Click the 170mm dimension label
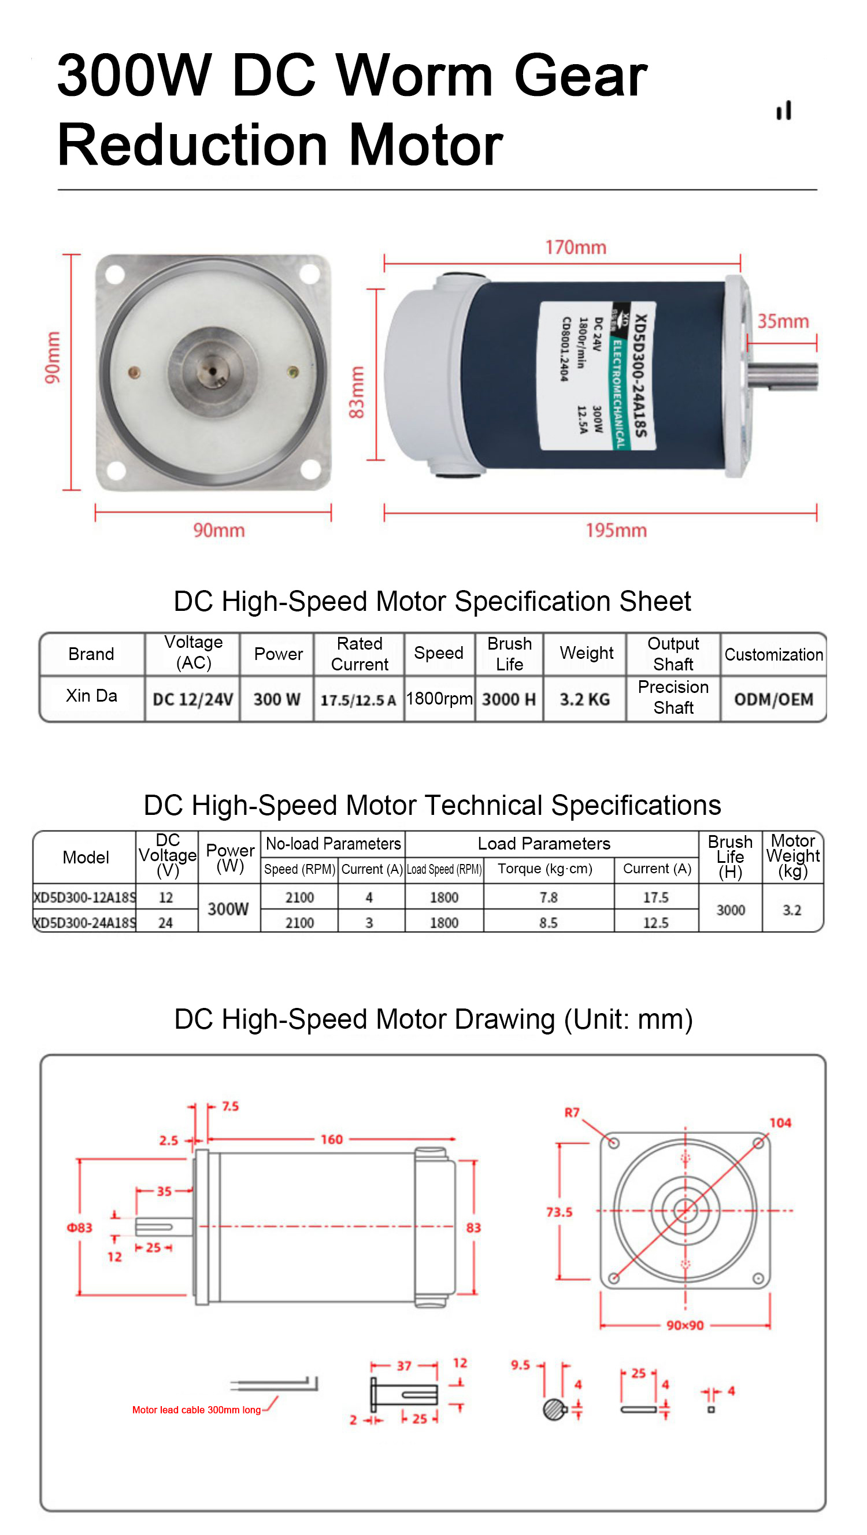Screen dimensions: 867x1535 click(576, 247)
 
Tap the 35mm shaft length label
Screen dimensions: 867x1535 click(783, 321)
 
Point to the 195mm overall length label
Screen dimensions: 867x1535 click(616, 530)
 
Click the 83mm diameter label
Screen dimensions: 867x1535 click(355, 392)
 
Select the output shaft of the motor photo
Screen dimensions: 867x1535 click(783, 376)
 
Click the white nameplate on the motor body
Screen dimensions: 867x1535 click(598, 376)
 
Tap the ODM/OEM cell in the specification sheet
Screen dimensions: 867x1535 click(773, 699)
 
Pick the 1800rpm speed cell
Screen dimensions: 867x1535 click(439, 698)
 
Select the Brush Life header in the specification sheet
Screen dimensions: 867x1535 click(509, 654)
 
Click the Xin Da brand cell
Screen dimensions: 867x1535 click(91, 695)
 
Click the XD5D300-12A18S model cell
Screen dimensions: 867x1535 click(84, 898)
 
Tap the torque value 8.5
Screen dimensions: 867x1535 click(548, 922)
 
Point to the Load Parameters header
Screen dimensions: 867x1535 click(544, 843)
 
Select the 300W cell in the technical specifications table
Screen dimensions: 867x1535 click(228, 909)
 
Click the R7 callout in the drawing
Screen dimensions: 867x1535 click(572, 1113)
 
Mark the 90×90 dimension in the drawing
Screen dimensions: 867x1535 click(686, 1325)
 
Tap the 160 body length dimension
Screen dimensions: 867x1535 click(332, 1139)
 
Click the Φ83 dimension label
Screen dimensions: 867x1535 click(79, 1228)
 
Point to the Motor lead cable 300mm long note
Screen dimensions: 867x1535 click(197, 1410)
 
